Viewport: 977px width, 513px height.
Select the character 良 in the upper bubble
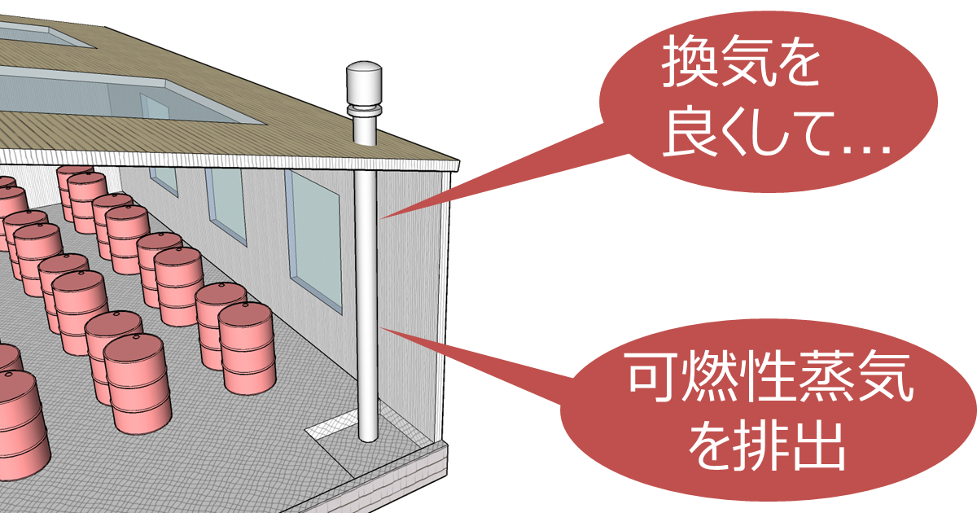691,138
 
